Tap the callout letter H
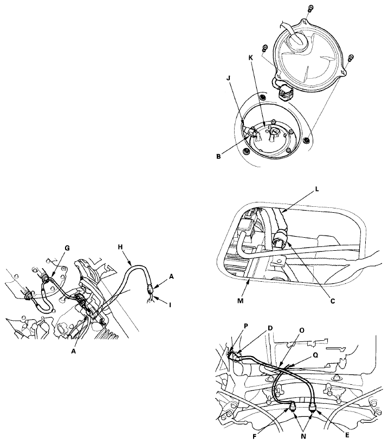(x=121, y=247)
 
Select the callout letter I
(x=170, y=305)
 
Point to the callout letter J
(x=229, y=78)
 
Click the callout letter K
(x=251, y=58)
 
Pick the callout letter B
(x=218, y=156)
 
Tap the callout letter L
(x=316, y=189)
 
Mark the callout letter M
(x=241, y=301)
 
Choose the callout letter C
(x=333, y=301)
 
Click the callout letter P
(x=246, y=326)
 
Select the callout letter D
(x=270, y=328)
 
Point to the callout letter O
(x=302, y=331)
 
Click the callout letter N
(x=303, y=436)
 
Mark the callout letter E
(x=347, y=435)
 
